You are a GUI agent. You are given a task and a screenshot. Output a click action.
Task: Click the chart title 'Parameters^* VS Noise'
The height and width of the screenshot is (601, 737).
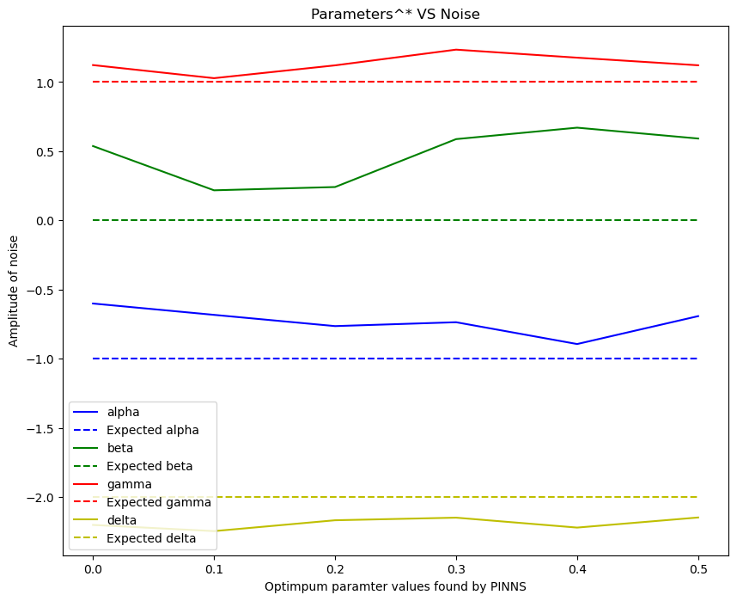tap(395, 14)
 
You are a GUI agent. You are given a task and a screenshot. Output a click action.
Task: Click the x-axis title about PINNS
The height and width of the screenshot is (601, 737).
tap(395, 586)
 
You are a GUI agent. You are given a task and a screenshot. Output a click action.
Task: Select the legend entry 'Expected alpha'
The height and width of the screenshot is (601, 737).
tap(153, 430)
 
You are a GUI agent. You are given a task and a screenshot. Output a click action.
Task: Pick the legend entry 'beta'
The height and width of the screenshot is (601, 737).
tap(120, 448)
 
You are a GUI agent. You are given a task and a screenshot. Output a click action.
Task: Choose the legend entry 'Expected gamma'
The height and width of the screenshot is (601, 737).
tap(158, 502)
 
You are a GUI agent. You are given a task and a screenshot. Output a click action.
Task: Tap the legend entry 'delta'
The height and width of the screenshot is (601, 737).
tap(122, 520)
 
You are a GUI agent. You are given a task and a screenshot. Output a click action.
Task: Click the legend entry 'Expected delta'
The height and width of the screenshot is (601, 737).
tap(151, 538)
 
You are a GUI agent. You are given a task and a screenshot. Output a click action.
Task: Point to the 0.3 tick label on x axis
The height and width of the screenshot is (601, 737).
tap(455, 569)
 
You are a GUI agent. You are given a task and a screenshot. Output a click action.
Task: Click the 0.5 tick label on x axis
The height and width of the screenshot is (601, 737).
tap(697, 569)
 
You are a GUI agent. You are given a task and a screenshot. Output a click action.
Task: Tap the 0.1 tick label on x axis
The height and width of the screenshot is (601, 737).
tap(213, 569)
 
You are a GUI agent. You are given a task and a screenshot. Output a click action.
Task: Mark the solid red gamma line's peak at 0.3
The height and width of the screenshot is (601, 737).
tap(455, 50)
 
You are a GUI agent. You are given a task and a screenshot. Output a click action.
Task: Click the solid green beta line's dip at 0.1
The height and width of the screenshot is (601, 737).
tap(213, 190)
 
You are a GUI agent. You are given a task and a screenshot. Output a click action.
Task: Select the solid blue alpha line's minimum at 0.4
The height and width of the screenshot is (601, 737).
tap(576, 344)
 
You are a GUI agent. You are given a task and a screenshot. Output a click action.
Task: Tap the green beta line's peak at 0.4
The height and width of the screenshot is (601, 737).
tap(576, 128)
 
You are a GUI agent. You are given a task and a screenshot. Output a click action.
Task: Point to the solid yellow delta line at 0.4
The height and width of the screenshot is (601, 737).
tap(576, 527)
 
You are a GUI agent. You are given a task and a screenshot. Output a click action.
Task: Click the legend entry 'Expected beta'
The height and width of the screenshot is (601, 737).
tap(149, 466)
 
